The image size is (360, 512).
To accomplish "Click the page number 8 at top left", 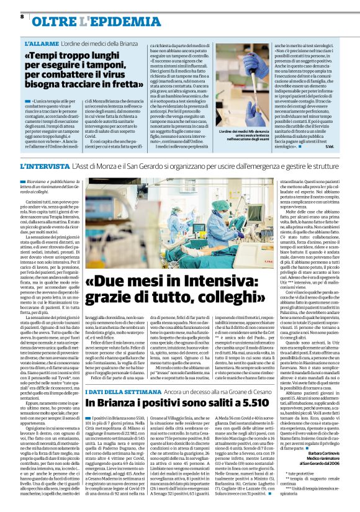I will pyautogui.click(x=22, y=16).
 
